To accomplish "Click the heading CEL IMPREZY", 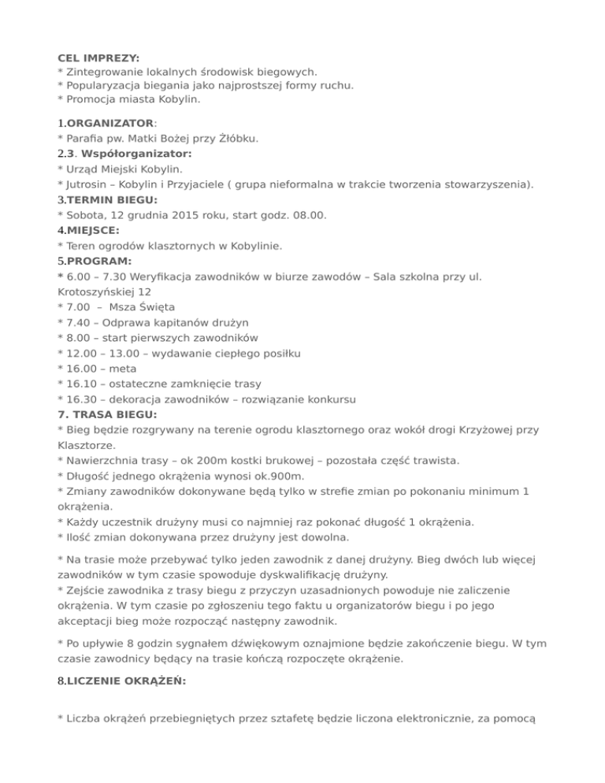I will click(98, 58).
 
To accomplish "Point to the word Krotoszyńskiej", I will click(103, 291).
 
